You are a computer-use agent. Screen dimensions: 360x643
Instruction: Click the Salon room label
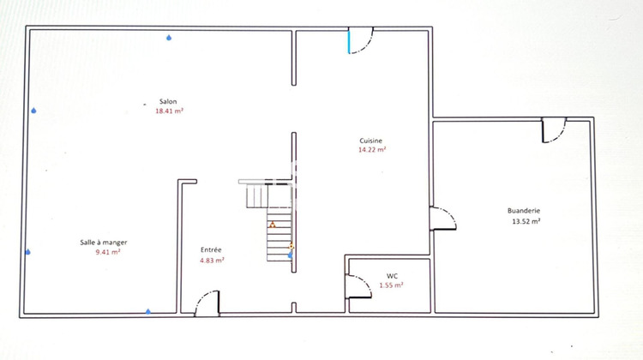point(167,102)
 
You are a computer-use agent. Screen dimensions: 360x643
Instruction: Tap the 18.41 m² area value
point(168,111)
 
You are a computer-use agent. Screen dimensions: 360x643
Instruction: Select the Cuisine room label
point(371,141)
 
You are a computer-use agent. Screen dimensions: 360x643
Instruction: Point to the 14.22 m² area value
point(371,150)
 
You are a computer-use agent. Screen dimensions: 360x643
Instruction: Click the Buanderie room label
point(524,211)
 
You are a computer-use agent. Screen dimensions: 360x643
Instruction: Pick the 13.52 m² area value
point(524,221)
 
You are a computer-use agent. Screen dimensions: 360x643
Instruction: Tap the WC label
point(392,276)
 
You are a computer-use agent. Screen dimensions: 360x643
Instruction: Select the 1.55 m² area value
point(392,285)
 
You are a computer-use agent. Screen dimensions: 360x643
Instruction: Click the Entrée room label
point(212,249)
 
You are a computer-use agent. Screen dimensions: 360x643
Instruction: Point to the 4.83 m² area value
point(212,260)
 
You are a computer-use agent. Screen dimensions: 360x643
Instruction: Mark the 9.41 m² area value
point(107,252)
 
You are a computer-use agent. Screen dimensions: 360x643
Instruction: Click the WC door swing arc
point(358,287)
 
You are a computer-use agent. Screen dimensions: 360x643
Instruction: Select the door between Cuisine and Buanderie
point(442,218)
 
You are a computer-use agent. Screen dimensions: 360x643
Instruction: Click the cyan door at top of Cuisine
point(350,41)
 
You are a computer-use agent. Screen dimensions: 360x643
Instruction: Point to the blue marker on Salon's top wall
point(169,38)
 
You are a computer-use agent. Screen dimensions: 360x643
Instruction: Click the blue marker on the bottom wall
point(148,311)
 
